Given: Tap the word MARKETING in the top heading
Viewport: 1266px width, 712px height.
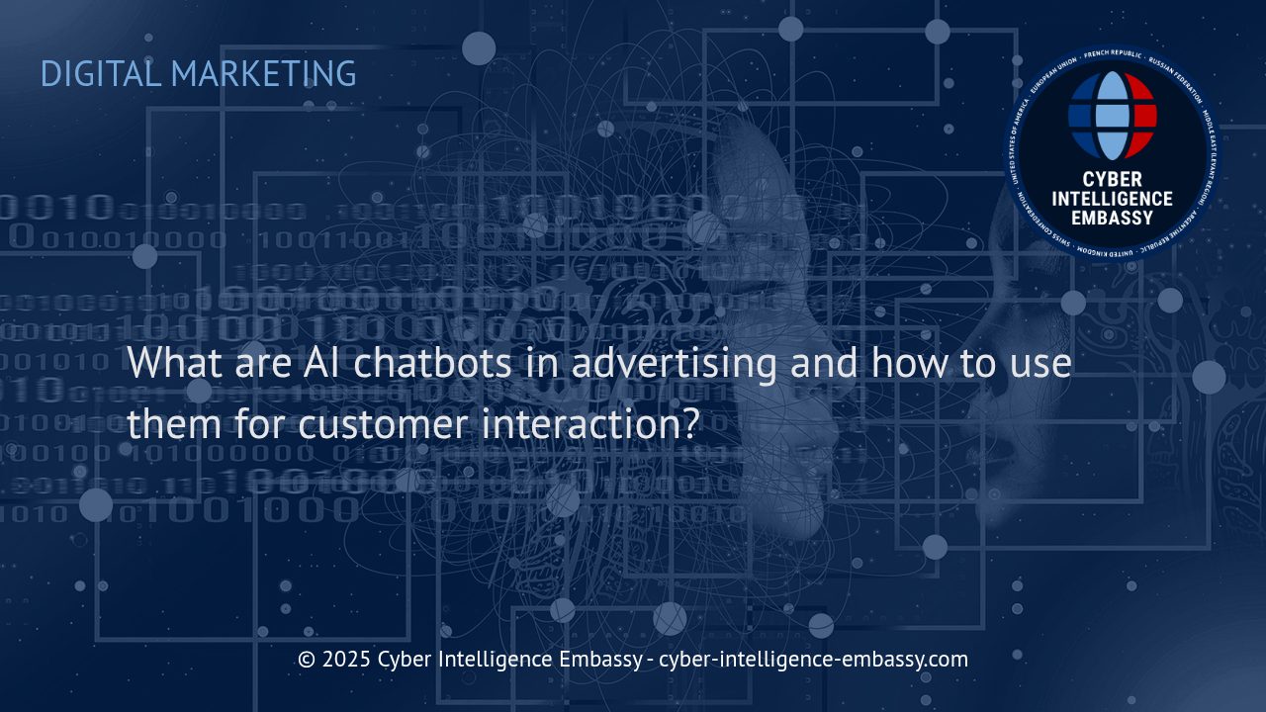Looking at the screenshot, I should (x=264, y=74).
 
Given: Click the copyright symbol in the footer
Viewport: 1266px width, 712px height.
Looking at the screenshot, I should (x=307, y=660).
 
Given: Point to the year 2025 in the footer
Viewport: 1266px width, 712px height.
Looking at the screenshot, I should (x=347, y=660).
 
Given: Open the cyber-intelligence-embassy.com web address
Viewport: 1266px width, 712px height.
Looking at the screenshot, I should (x=813, y=660).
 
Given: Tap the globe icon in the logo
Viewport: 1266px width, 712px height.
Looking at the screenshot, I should (x=1113, y=116).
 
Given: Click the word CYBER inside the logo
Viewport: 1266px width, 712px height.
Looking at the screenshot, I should (x=1113, y=180).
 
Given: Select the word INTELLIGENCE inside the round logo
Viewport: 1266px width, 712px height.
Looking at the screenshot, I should (x=1113, y=199).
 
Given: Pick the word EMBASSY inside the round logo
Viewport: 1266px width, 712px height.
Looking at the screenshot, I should (x=1113, y=218).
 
